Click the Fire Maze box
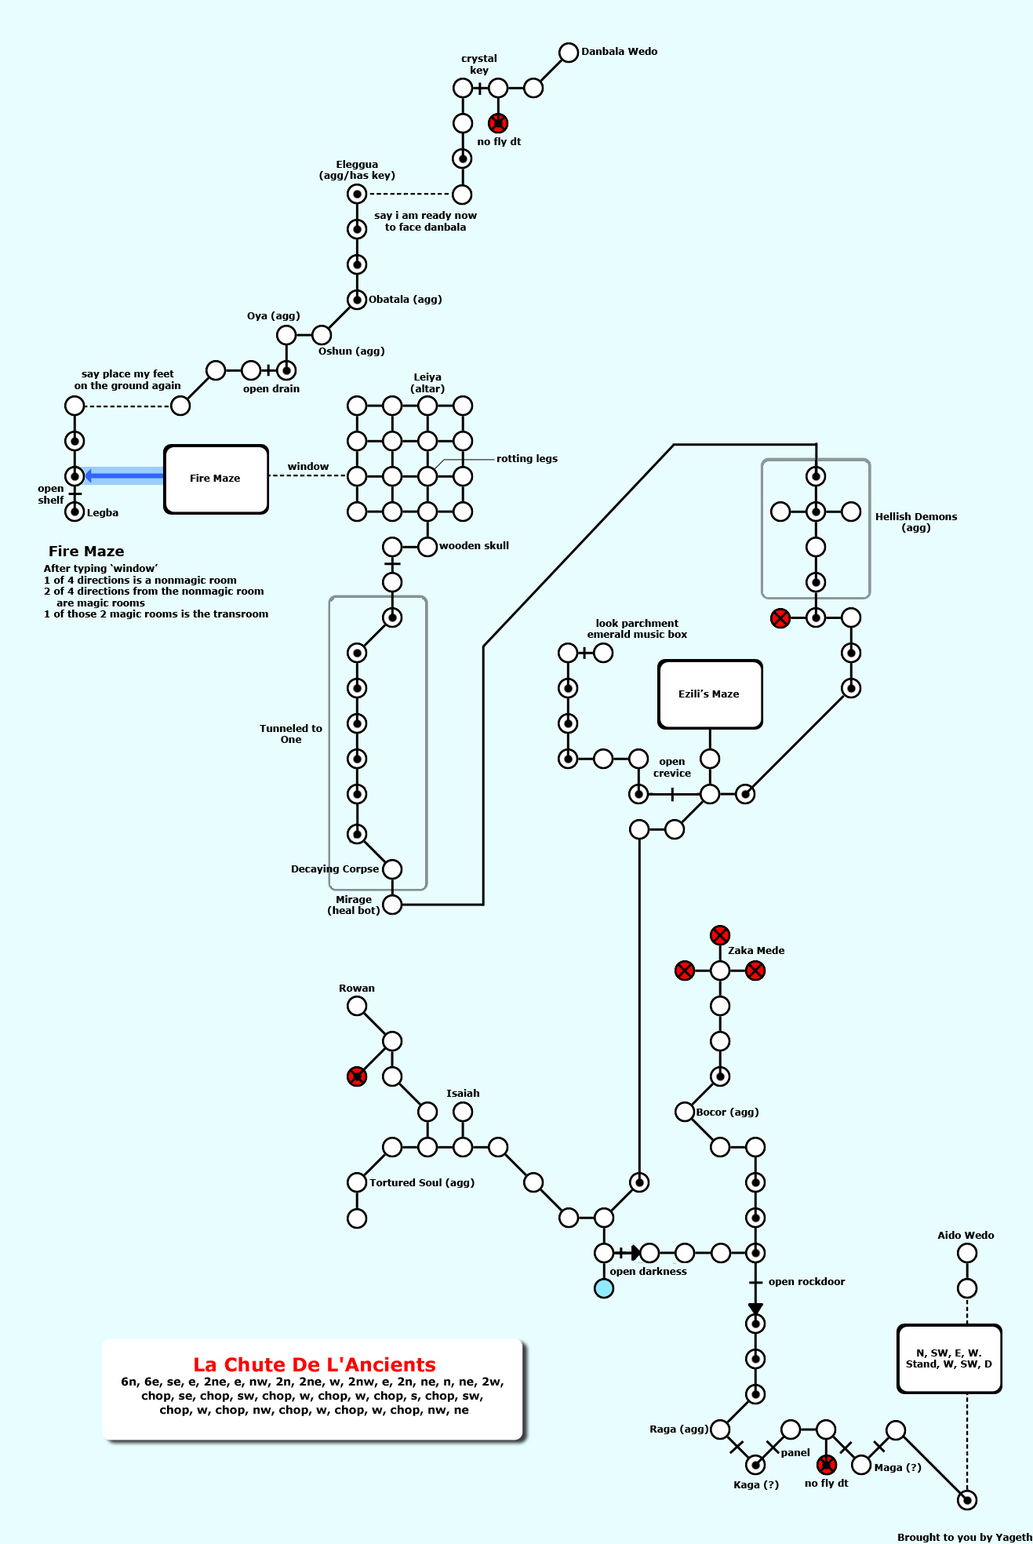216,479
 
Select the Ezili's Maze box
709,694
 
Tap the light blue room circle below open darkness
604,1288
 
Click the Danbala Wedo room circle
569,53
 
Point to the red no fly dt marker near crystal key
498,123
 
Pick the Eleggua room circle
357,194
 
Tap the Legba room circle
75,512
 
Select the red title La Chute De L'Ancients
314,1365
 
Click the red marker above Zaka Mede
720,935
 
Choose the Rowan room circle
357,1006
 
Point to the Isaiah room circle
463,1112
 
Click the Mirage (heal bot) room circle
392,905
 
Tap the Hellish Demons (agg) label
915,522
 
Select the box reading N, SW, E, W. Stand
949,1359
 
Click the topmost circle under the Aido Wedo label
967,1253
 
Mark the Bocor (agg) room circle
685,1112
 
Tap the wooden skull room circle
427,547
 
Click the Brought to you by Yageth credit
964,1537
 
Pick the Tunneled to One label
291,734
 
